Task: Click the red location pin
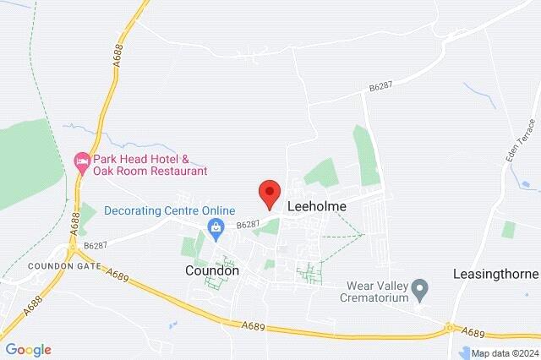(270, 194)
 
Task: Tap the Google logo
(28, 349)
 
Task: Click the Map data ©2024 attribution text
(504, 353)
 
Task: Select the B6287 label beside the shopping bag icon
(247, 225)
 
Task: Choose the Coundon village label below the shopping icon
(211, 270)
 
